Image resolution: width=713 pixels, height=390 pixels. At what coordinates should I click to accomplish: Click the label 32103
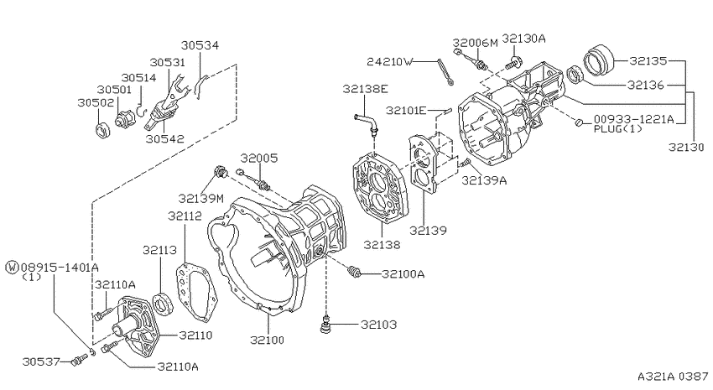pos(379,325)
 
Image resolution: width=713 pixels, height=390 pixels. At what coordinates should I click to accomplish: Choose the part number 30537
pos(39,361)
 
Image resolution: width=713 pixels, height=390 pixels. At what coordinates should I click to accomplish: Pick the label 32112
pos(184,216)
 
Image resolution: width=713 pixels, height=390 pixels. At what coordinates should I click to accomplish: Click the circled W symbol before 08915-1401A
pos(11,267)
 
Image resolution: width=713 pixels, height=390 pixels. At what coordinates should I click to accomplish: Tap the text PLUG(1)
pos(618,129)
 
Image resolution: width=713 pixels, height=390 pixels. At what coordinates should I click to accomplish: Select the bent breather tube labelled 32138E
pos(367,122)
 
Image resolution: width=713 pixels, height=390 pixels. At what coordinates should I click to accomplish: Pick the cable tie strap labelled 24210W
pos(445,70)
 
